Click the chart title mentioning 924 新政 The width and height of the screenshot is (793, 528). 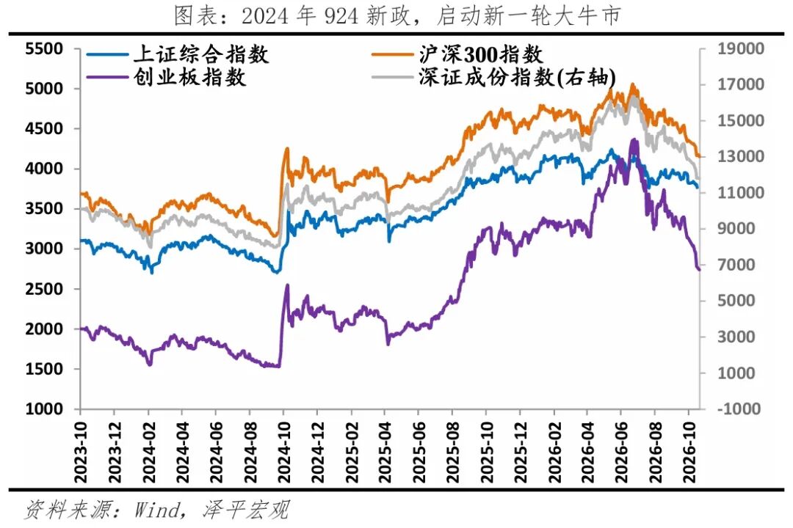click(x=397, y=15)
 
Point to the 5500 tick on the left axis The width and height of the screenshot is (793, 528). click(x=44, y=49)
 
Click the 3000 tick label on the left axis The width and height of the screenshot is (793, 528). click(x=44, y=249)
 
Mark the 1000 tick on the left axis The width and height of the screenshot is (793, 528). click(x=44, y=408)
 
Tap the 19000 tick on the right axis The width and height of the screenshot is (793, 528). click(x=740, y=49)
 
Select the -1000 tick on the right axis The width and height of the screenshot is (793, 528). click(x=739, y=408)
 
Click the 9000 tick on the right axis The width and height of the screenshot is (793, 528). click(x=736, y=229)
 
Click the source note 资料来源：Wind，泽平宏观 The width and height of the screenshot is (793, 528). click(x=157, y=510)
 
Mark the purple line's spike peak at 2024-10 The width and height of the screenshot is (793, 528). click(x=288, y=285)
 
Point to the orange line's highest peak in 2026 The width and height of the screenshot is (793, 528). click(x=632, y=84)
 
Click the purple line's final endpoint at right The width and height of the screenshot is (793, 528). click(x=699, y=269)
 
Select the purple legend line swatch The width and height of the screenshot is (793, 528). click(x=106, y=77)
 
